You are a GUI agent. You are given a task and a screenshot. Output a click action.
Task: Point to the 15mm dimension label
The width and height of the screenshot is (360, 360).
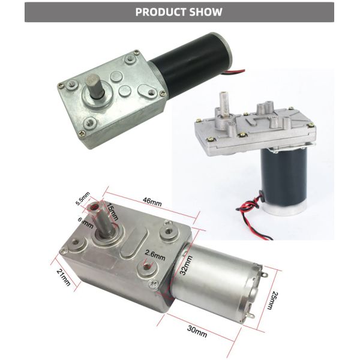pyautogui.click(x=112, y=211)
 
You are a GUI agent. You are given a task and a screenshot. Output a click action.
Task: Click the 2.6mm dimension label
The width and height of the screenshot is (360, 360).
pyautogui.click(x=154, y=254)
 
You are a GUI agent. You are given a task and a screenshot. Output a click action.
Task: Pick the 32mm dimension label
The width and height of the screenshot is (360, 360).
pyautogui.click(x=188, y=263)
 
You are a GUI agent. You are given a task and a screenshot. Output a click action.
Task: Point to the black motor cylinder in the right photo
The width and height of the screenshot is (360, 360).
pyautogui.click(x=283, y=175)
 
